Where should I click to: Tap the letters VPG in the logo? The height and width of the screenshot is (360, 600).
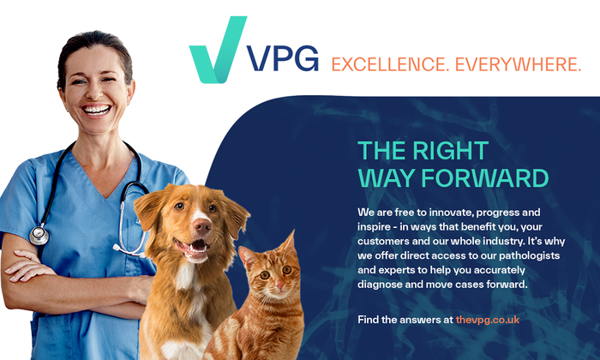pos(282,61)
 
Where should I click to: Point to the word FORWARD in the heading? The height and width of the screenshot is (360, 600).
pos(484,177)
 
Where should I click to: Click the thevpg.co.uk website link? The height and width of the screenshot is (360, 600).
pos(489,319)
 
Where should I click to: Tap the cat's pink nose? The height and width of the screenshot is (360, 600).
pos(267,286)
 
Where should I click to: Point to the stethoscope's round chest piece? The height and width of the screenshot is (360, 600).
pos(39,235)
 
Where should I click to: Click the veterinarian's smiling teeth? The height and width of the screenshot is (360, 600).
pos(96,110)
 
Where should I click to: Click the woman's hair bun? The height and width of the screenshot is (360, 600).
pos(89,39)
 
